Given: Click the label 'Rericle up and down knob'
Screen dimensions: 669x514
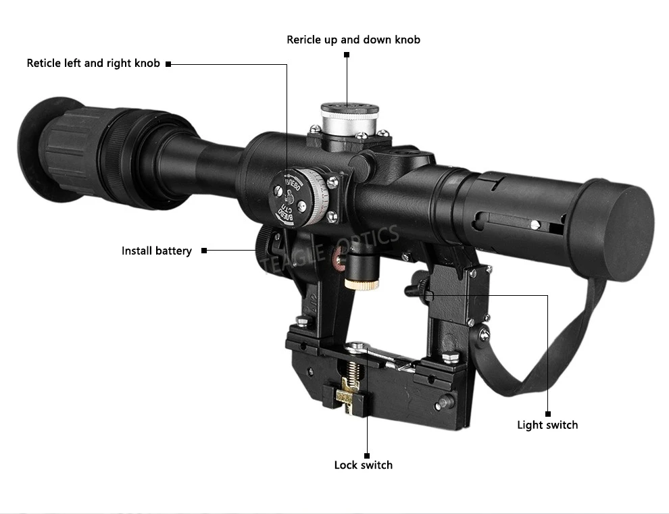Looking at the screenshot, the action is click(353, 40).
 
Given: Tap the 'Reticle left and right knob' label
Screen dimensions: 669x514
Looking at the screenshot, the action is click(93, 63).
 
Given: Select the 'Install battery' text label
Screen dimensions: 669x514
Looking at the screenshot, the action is click(157, 251).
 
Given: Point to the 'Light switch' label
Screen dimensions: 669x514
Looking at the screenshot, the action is click(547, 425).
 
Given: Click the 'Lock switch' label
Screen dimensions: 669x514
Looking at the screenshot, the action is click(363, 465).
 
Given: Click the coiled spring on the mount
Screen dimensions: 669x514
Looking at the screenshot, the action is click(353, 371).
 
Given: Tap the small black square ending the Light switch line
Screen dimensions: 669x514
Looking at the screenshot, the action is click(548, 413).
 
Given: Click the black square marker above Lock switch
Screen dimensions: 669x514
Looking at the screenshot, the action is click(367, 455).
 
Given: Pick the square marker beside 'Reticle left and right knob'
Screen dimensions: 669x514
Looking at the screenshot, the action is click(168, 64).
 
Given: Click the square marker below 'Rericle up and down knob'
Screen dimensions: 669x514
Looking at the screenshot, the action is click(347, 54).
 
